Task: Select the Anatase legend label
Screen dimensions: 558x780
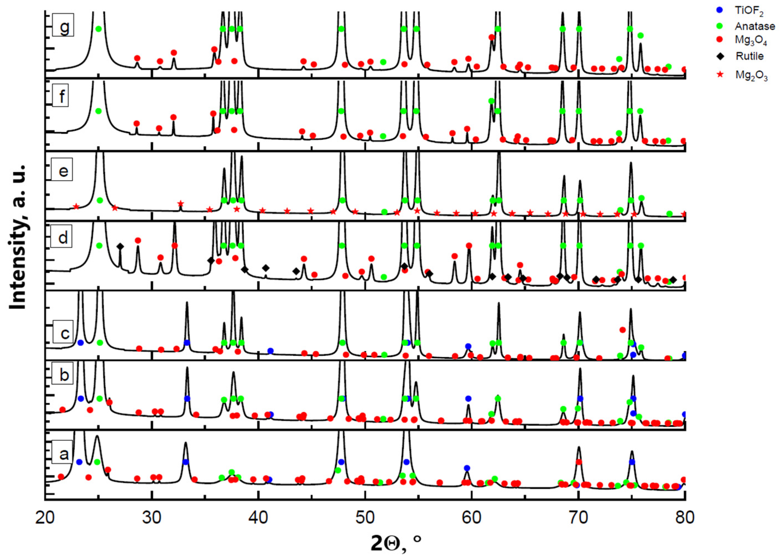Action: coord(754,26)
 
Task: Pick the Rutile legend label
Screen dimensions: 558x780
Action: coord(750,56)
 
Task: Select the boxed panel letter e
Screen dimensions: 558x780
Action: coord(63,170)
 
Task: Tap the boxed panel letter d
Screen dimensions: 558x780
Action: coord(62,237)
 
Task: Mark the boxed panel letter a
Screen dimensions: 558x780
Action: coord(64,454)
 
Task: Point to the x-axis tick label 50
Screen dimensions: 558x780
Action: coord(365,517)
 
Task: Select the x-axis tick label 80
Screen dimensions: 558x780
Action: coord(685,517)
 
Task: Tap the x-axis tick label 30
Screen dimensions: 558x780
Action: coord(151,517)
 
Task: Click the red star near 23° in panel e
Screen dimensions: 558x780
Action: coord(76,206)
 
